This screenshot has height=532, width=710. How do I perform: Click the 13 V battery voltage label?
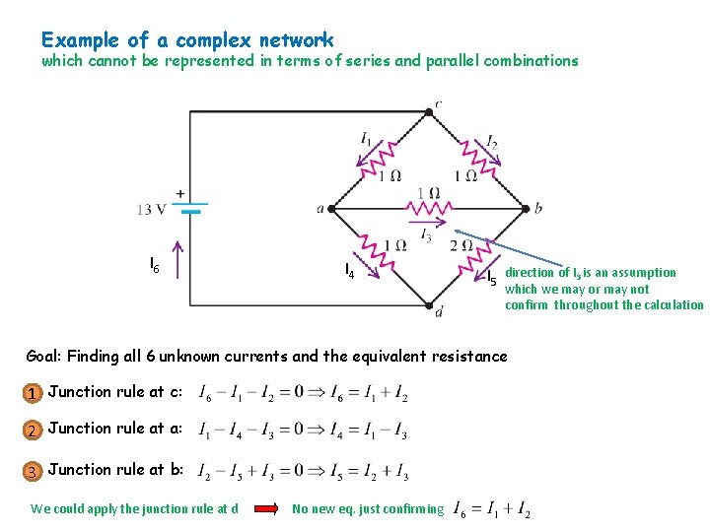tap(152, 210)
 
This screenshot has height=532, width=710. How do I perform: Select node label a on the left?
tap(320, 209)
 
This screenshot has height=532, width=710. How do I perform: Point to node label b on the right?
tap(537, 209)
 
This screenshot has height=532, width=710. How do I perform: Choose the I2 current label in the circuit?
tap(492, 140)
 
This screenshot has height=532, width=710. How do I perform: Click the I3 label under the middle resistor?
tap(425, 234)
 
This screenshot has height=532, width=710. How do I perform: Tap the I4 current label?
tap(349, 269)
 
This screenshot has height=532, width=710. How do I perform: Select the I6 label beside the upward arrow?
tap(155, 264)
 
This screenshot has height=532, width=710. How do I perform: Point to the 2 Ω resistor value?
tap(461, 245)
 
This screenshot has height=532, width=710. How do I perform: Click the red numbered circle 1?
tap(33, 394)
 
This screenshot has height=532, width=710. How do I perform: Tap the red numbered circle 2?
tap(33, 431)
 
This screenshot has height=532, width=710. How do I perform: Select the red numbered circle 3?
tap(33, 472)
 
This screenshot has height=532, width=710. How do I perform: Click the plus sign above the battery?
tap(180, 192)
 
